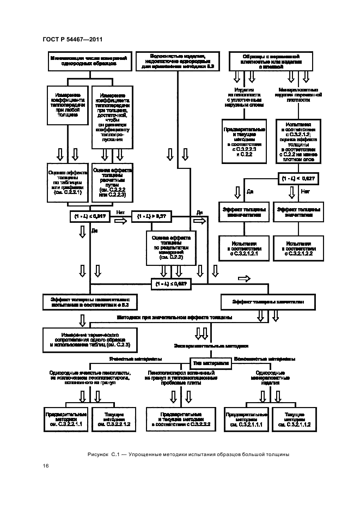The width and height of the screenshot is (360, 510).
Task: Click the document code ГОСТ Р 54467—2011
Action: (72, 39)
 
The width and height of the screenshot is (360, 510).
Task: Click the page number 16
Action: (46, 465)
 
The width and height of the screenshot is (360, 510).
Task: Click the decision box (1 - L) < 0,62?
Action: (298, 179)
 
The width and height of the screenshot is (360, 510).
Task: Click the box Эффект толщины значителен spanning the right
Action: (268, 301)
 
